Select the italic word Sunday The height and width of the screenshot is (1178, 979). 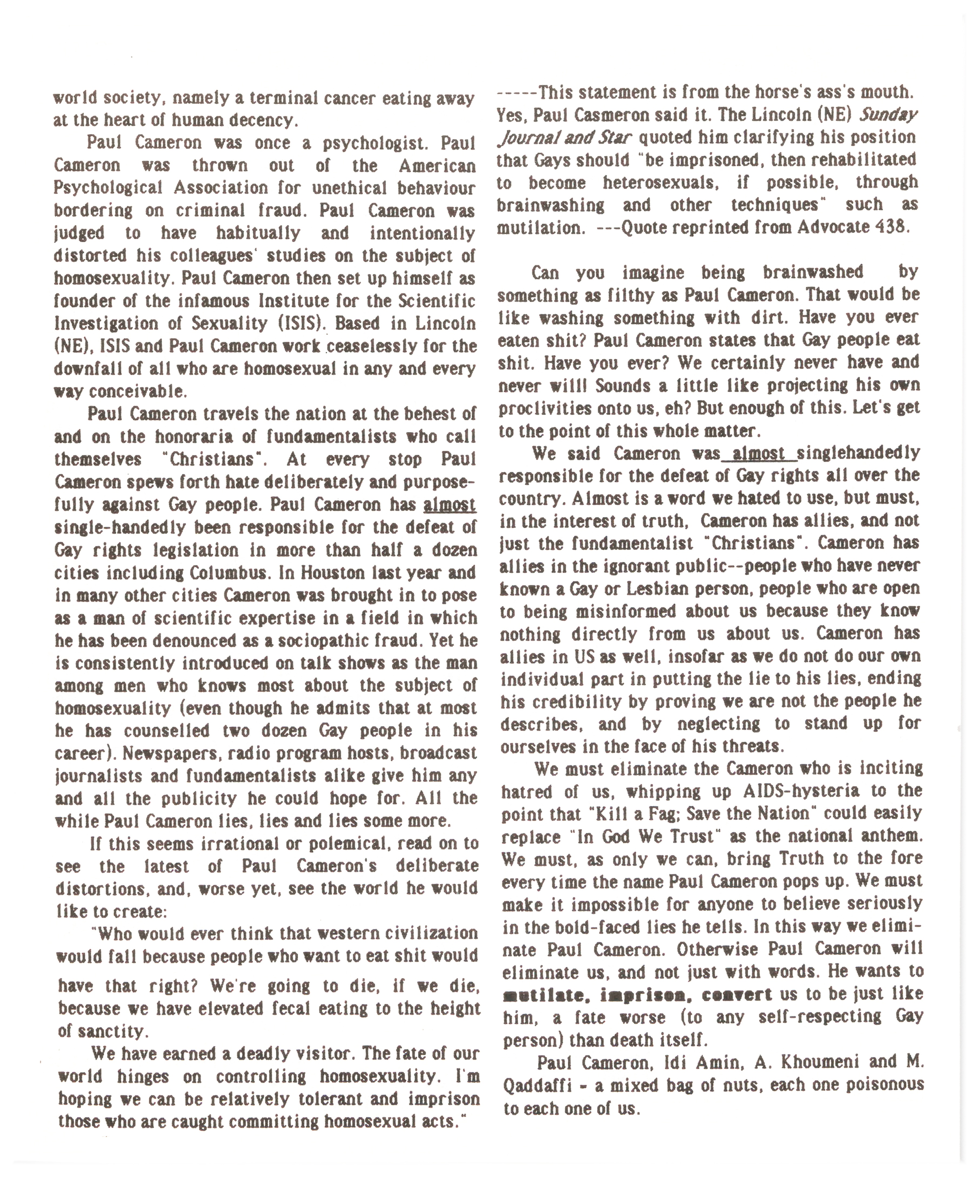click(x=889, y=115)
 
